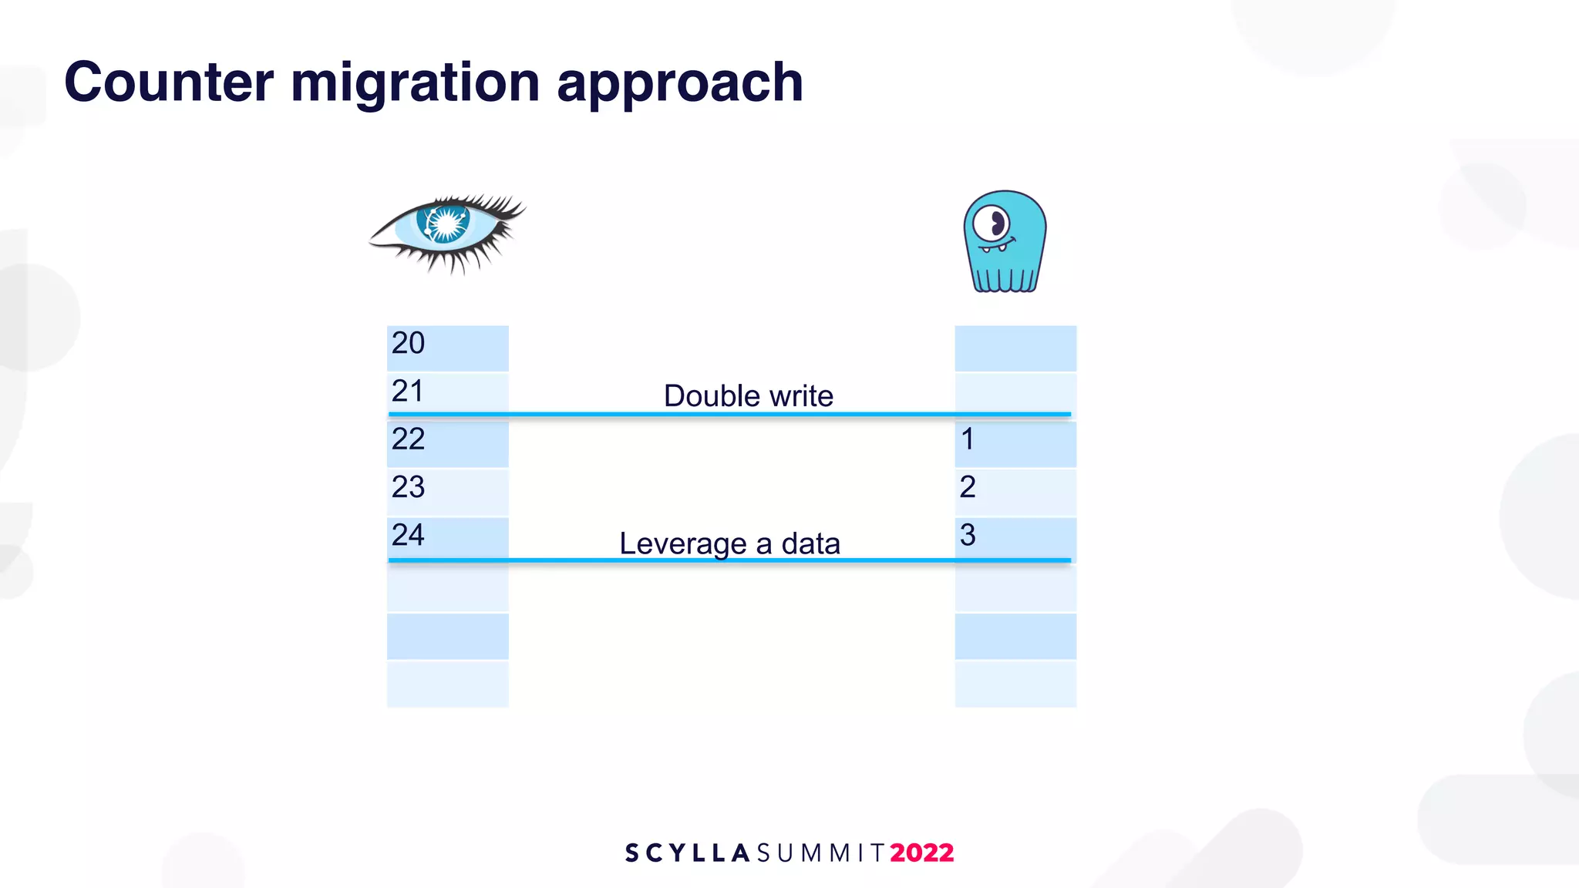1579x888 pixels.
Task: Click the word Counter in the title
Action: pyautogui.click(x=169, y=82)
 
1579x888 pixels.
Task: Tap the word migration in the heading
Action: pyautogui.click(x=415, y=83)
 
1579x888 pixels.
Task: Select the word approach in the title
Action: pyautogui.click(x=679, y=83)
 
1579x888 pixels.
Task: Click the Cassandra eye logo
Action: pyautogui.click(x=447, y=232)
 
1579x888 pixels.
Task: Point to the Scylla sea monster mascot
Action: pyautogui.click(x=1005, y=241)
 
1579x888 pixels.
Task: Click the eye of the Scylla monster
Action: pyautogui.click(x=992, y=224)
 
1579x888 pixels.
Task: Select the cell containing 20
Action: pyautogui.click(x=447, y=347)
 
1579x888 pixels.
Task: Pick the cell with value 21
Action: pyautogui.click(x=447, y=393)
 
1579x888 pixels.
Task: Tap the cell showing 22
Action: pyautogui.click(x=447, y=442)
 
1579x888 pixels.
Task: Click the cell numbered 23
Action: pyautogui.click(x=447, y=490)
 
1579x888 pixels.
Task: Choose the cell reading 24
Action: pyautogui.click(x=447, y=537)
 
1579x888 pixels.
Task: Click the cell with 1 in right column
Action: pyautogui.click(x=1015, y=442)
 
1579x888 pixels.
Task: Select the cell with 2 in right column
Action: pyautogui.click(x=1015, y=490)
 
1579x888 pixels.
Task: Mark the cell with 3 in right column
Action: pyautogui.click(x=1015, y=537)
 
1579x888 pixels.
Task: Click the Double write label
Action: pyautogui.click(x=748, y=396)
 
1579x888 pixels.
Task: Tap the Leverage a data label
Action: pyautogui.click(x=729, y=543)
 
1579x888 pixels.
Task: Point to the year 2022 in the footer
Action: pyautogui.click(x=921, y=853)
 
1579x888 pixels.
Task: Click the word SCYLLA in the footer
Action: pyautogui.click(x=687, y=853)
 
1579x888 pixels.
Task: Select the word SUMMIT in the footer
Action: pyautogui.click(x=820, y=853)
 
